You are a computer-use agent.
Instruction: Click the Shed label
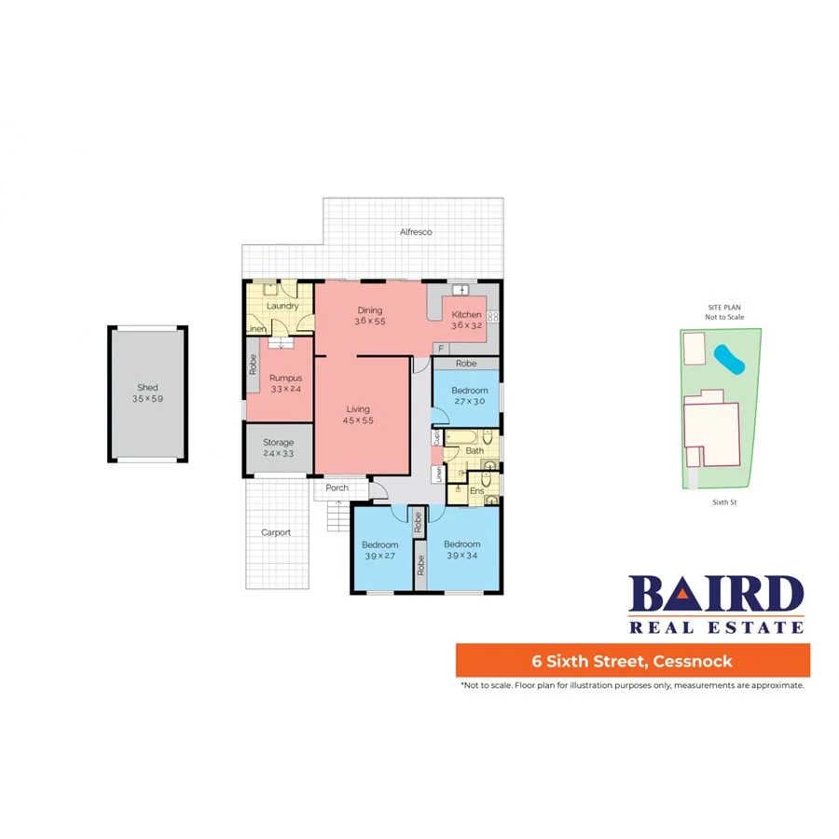pos(147,387)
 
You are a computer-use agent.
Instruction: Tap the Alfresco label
pos(416,231)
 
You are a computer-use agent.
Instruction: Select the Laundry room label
pos(282,306)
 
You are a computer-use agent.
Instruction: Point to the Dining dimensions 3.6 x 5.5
pos(369,321)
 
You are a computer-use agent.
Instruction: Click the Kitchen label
pos(466,314)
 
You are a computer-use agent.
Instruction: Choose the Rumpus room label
pos(285,378)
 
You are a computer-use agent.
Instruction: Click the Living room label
pos(358,408)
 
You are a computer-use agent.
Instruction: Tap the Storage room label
pos(278,442)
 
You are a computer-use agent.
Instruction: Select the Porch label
pos(337,488)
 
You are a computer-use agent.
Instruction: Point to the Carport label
pos(276,532)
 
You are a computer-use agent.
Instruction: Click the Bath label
pos(475,451)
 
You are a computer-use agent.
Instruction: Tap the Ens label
pos(475,490)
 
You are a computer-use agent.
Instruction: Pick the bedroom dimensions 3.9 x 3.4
pos(461,557)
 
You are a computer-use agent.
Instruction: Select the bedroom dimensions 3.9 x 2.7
pos(379,557)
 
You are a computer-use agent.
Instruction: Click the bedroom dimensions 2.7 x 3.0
pos(469,402)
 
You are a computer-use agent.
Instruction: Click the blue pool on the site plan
pos(729,360)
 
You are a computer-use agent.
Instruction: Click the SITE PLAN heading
pos(724,307)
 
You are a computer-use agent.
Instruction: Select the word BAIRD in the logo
pos(716,595)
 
